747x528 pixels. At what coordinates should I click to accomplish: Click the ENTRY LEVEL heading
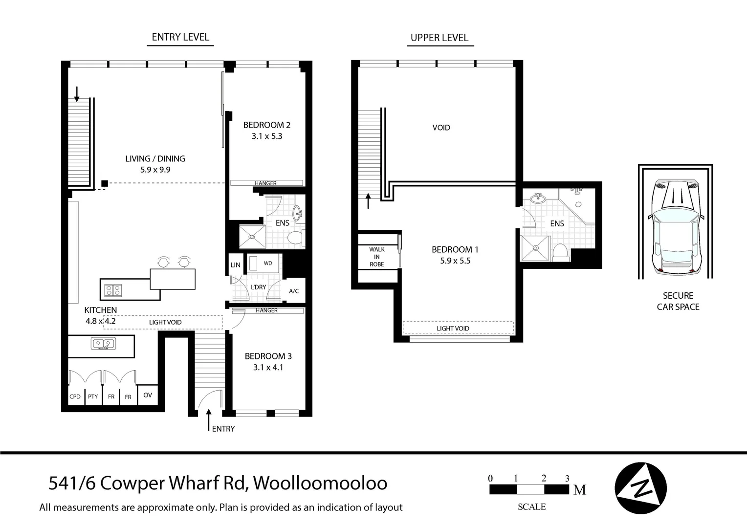(x=180, y=37)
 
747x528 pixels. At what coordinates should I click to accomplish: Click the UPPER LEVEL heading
(x=439, y=38)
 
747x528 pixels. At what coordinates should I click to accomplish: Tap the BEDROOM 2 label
(x=267, y=125)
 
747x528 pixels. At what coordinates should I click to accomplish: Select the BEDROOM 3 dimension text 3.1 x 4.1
(x=268, y=368)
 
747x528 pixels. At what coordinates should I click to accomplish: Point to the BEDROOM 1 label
(x=455, y=250)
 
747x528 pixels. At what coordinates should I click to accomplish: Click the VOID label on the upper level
(x=441, y=128)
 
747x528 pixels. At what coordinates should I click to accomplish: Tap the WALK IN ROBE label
(x=376, y=257)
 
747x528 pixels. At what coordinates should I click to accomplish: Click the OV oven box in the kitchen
(x=148, y=395)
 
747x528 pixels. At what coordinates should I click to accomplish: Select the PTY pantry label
(x=93, y=396)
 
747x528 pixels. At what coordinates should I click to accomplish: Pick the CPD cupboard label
(x=75, y=396)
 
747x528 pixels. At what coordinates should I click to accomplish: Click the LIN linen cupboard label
(x=235, y=265)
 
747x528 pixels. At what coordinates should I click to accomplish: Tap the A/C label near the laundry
(x=294, y=291)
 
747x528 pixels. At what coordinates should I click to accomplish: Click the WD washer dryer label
(x=268, y=263)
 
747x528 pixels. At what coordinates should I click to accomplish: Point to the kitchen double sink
(x=103, y=344)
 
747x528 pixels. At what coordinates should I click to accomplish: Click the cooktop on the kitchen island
(x=113, y=290)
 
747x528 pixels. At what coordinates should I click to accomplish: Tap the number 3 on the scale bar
(x=567, y=479)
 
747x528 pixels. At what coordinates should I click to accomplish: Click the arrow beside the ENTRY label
(x=209, y=419)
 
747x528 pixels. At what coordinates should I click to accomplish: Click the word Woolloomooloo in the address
(x=321, y=483)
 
